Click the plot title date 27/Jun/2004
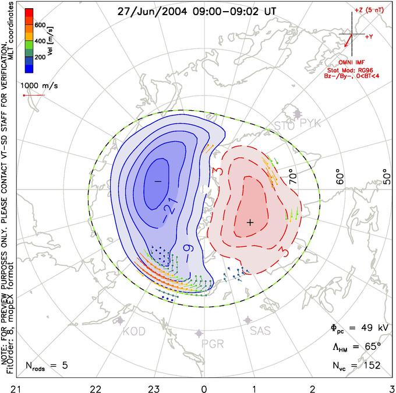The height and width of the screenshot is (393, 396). (x=146, y=11)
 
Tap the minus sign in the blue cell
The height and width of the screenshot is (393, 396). (x=157, y=181)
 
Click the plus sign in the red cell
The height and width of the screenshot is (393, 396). (x=250, y=222)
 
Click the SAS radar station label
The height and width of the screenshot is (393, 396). (x=261, y=331)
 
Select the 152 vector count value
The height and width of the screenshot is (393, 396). (x=369, y=366)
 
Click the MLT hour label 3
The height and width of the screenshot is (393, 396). (x=391, y=388)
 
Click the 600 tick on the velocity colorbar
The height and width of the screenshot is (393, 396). (x=40, y=25)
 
